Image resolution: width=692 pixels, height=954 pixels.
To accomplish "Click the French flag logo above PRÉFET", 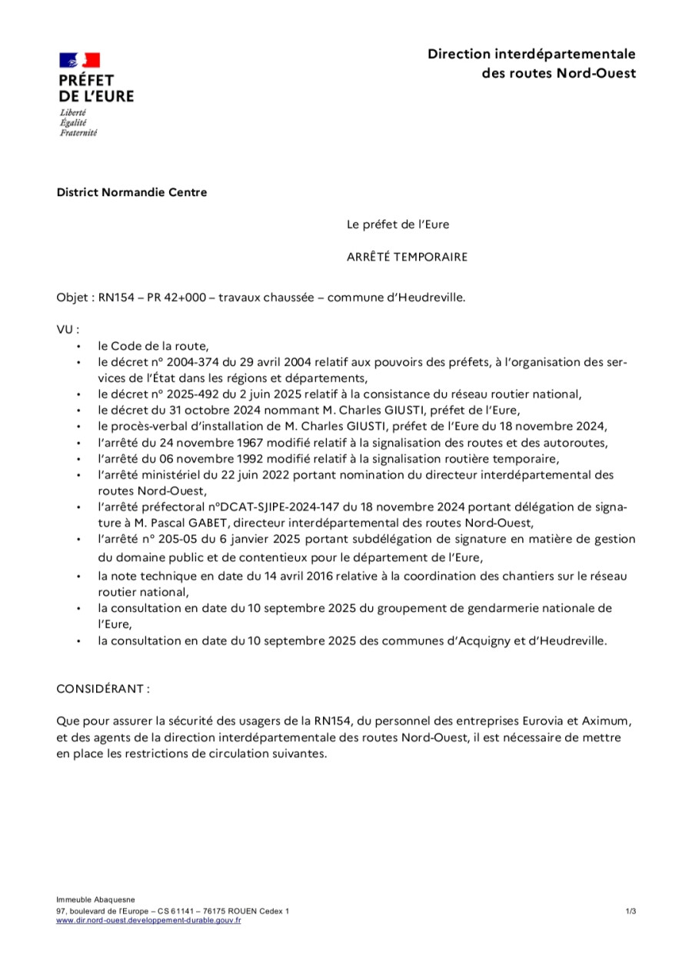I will pyautogui.click(x=80, y=60).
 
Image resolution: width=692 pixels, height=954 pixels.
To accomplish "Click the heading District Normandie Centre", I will pyautogui.click(x=131, y=192).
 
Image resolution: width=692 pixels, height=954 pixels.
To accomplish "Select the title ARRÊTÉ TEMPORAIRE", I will pyautogui.click(x=407, y=257).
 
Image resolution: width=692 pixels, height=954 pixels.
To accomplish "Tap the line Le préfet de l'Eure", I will pyautogui.click(x=398, y=224).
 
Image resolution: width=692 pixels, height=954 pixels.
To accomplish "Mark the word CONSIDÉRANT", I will pyautogui.click(x=100, y=689).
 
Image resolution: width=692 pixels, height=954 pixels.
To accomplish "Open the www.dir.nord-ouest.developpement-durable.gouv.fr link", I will pyautogui.click(x=148, y=920).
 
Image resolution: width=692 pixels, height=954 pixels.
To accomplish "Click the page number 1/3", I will pyautogui.click(x=630, y=912).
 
